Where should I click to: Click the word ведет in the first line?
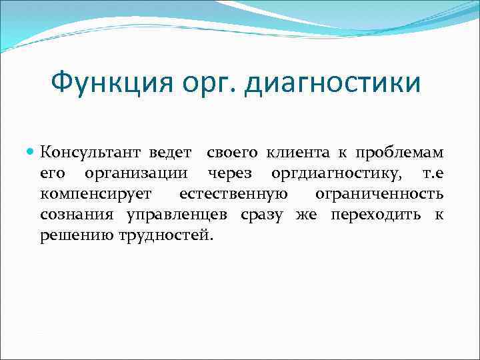pos(170,152)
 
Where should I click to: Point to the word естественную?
pos(233,195)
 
